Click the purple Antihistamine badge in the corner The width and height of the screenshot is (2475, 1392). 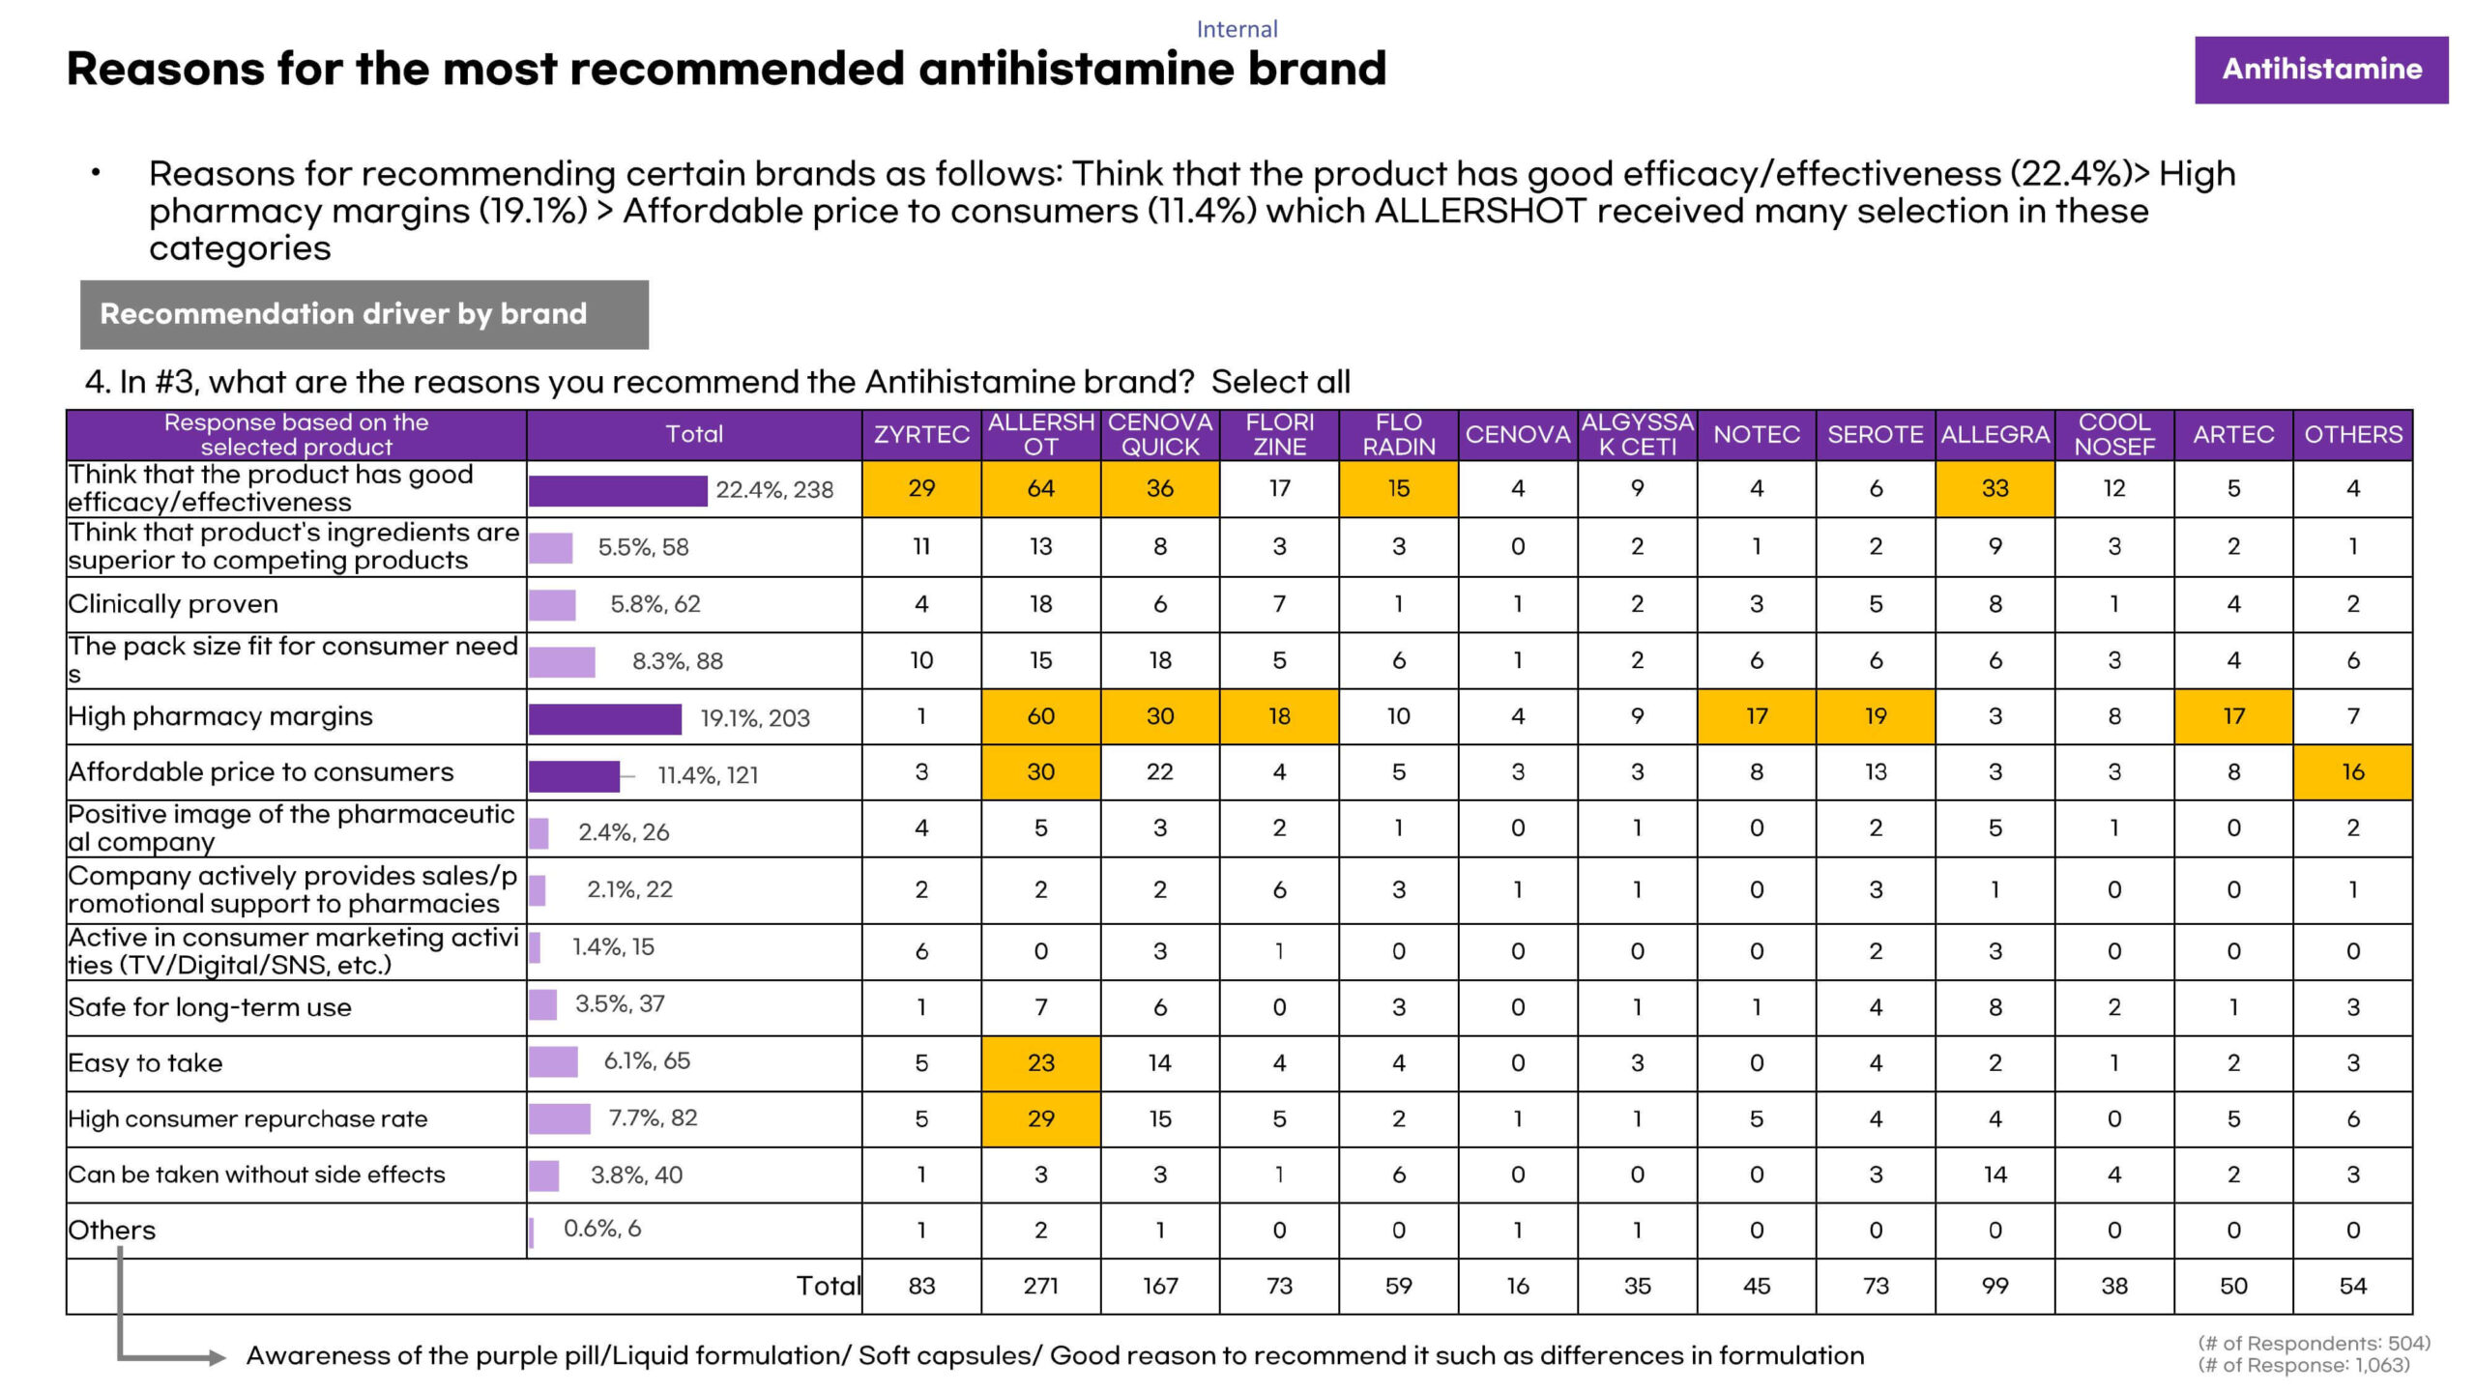[2320, 70]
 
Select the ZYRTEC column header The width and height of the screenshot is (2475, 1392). [921, 435]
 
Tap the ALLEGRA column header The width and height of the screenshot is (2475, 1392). [1995, 435]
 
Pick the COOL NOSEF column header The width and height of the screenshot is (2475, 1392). [2113, 435]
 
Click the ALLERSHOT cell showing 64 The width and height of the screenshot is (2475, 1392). [1040, 489]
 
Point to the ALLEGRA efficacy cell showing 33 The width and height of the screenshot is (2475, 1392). [1995, 489]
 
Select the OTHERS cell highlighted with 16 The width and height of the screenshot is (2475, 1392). [2352, 772]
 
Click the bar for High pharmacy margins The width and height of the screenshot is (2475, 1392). [605, 718]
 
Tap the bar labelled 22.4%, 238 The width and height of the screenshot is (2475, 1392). [618, 490]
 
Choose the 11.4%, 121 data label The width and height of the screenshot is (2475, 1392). [708, 775]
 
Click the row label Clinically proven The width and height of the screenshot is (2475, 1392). [173, 604]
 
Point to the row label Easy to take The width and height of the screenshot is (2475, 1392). [145, 1063]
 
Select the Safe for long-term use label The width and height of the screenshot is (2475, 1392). [210, 1007]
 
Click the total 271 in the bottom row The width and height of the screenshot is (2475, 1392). [1040, 1287]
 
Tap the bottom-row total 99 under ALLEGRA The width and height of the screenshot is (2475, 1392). [1995, 1287]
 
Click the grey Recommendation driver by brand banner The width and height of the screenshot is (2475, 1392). [364, 314]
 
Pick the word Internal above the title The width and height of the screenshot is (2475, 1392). [1237, 29]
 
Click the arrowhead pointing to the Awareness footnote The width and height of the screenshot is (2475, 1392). [217, 1358]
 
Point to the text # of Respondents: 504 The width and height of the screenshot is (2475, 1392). [2314, 1343]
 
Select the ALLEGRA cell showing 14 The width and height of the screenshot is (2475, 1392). [1995, 1174]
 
